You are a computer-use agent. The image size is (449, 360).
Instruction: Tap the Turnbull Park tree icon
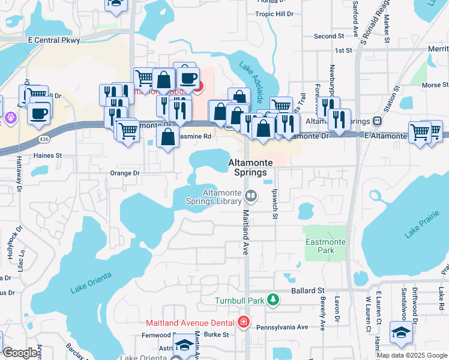273,299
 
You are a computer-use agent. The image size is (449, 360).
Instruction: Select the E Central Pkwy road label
53,40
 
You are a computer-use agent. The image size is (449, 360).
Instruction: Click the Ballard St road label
308,290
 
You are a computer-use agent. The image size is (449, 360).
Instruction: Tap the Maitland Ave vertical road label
246,233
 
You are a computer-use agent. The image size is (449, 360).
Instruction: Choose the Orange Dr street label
125,173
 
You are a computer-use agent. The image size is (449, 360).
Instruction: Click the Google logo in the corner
20,353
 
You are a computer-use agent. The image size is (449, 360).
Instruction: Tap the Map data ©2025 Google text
411,355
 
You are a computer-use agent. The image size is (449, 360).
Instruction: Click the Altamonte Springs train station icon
377,120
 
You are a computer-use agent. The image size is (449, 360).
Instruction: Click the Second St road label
329,36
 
